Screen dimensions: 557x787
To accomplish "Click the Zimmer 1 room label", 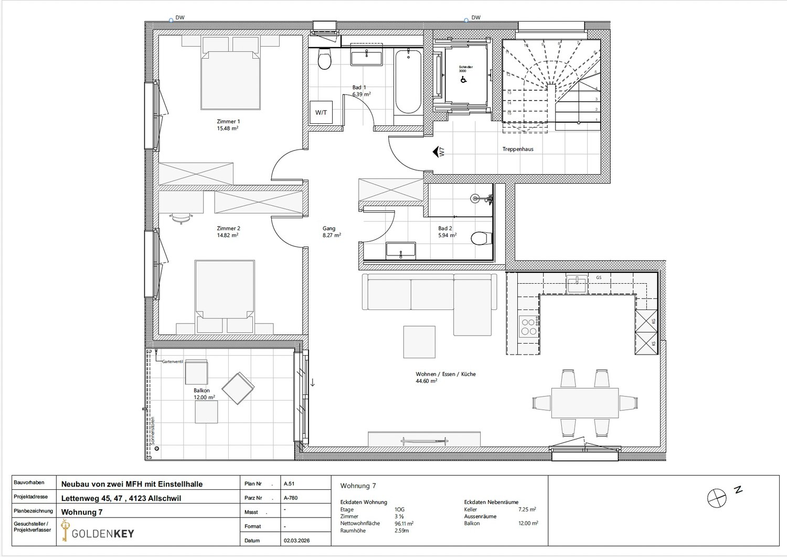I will pyautogui.click(x=228, y=124).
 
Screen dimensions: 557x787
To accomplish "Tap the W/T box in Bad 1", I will pyautogui.click(x=321, y=112).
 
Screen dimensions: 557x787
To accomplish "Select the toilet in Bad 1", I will pyautogui.click(x=325, y=60).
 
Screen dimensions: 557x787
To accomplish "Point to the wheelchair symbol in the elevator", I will pyautogui.click(x=463, y=80).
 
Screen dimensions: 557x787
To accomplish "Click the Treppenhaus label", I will pyautogui.click(x=517, y=149).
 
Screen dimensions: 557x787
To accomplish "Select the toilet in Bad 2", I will pyautogui.click(x=480, y=239).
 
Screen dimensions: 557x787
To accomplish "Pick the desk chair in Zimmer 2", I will pyautogui.click(x=181, y=217).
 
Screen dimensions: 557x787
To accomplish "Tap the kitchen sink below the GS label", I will pyautogui.click(x=577, y=285).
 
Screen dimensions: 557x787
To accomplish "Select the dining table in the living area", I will pyautogui.click(x=584, y=403).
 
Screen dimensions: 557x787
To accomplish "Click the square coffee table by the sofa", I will pyautogui.click(x=419, y=342).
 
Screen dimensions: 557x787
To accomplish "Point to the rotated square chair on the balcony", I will pyautogui.click(x=238, y=389).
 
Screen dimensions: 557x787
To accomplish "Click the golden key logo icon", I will pyautogui.click(x=65, y=531).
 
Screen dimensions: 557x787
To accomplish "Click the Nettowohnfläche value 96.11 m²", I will pyautogui.click(x=404, y=523).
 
